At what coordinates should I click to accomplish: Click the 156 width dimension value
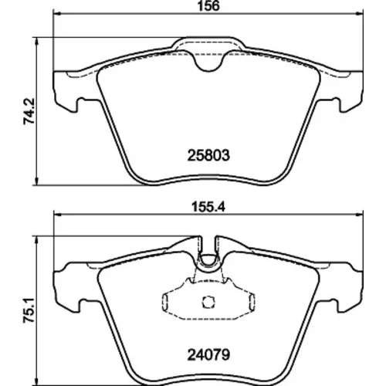click(208, 5)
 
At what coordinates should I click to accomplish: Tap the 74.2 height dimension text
click(29, 111)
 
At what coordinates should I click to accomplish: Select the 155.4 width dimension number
click(208, 207)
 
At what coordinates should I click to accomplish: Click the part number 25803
click(208, 156)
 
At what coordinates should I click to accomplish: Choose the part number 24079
click(208, 355)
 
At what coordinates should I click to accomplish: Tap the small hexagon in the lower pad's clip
click(208, 302)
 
